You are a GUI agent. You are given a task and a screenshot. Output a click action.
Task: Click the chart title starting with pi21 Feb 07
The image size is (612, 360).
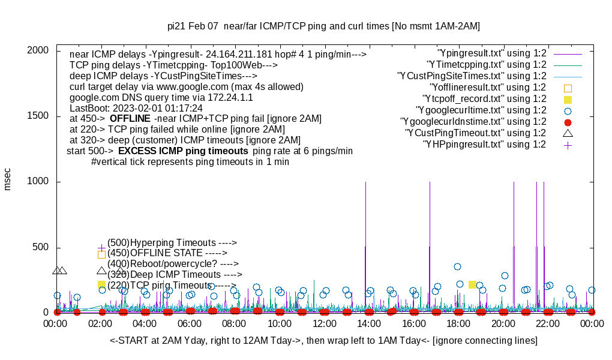[323, 26]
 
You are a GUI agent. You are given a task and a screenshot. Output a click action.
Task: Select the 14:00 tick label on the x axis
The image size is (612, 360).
[368, 323]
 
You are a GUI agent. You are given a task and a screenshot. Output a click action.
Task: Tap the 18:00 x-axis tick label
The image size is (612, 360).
[458, 323]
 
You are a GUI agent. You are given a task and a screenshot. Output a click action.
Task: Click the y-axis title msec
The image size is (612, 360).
[8, 179]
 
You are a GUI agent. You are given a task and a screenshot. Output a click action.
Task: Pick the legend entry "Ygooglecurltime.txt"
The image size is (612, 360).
[481, 110]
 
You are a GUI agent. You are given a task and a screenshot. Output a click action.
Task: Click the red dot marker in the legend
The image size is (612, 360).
[568, 122]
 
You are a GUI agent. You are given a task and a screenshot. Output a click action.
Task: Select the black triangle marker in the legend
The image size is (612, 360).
[568, 133]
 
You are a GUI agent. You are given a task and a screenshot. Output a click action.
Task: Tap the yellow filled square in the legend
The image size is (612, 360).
[568, 99]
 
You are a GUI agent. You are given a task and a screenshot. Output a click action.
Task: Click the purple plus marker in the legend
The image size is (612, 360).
[568, 145]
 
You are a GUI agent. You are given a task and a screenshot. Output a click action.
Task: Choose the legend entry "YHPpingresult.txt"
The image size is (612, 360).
[484, 145]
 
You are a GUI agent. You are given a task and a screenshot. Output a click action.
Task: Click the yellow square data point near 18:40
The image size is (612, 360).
[472, 284]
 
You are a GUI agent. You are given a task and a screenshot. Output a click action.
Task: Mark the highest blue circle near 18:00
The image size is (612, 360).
[457, 266]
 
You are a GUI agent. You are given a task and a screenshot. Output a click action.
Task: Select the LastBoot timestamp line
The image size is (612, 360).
[136, 108]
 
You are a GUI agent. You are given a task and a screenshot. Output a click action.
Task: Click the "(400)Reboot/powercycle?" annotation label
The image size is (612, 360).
[173, 263]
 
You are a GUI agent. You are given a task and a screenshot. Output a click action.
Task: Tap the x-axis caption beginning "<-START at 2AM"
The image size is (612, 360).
[323, 341]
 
